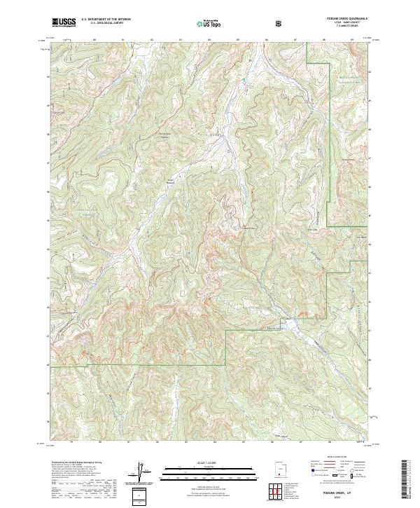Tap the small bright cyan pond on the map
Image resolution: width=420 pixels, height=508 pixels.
click(243, 82)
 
